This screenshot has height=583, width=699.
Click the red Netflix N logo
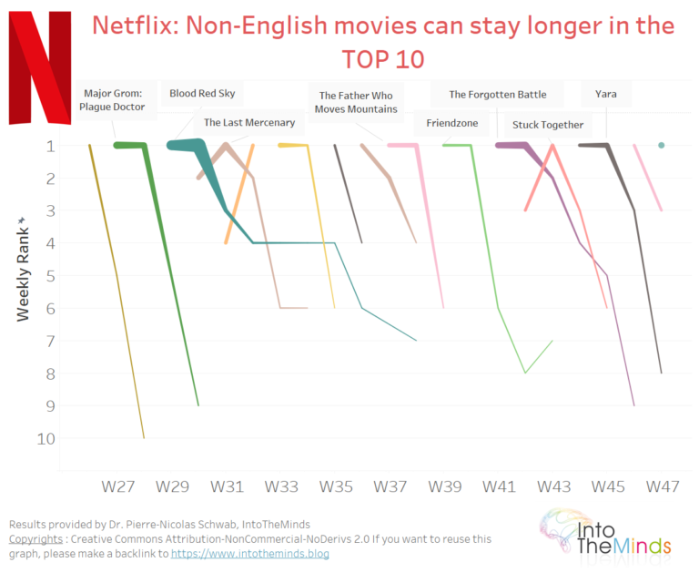click(39, 68)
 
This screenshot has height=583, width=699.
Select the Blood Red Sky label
click(202, 93)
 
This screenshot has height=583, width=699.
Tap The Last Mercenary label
click(249, 122)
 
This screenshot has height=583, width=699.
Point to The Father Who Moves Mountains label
click(357, 102)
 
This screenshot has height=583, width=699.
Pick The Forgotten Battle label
click(498, 94)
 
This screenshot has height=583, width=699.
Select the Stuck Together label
click(548, 125)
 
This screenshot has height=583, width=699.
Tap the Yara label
click(606, 93)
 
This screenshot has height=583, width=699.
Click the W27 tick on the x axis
click(117, 487)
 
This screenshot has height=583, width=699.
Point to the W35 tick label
click(336, 487)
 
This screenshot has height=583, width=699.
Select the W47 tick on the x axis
click(664, 487)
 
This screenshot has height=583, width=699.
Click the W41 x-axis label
click(500, 487)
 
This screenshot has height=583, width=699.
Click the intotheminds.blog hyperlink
click(249, 553)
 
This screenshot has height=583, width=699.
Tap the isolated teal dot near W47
click(662, 145)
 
